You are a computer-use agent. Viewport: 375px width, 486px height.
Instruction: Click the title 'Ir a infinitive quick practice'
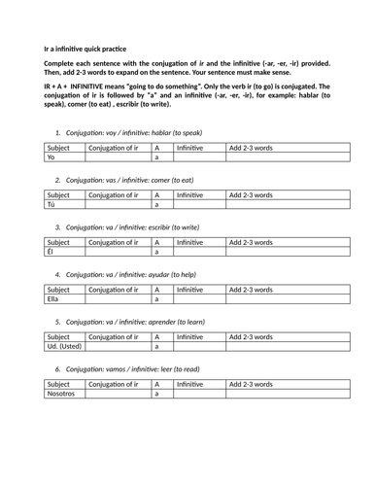coord(85,48)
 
